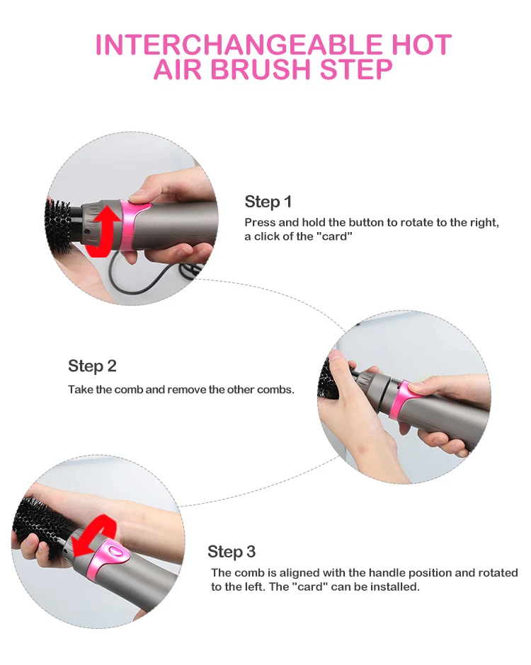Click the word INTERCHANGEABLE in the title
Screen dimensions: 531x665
[x=238, y=45]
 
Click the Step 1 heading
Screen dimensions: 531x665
[x=268, y=202]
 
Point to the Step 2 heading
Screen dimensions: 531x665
[x=92, y=366]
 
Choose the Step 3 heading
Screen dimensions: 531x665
[x=232, y=552]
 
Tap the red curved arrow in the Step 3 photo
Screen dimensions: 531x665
[x=94, y=536]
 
